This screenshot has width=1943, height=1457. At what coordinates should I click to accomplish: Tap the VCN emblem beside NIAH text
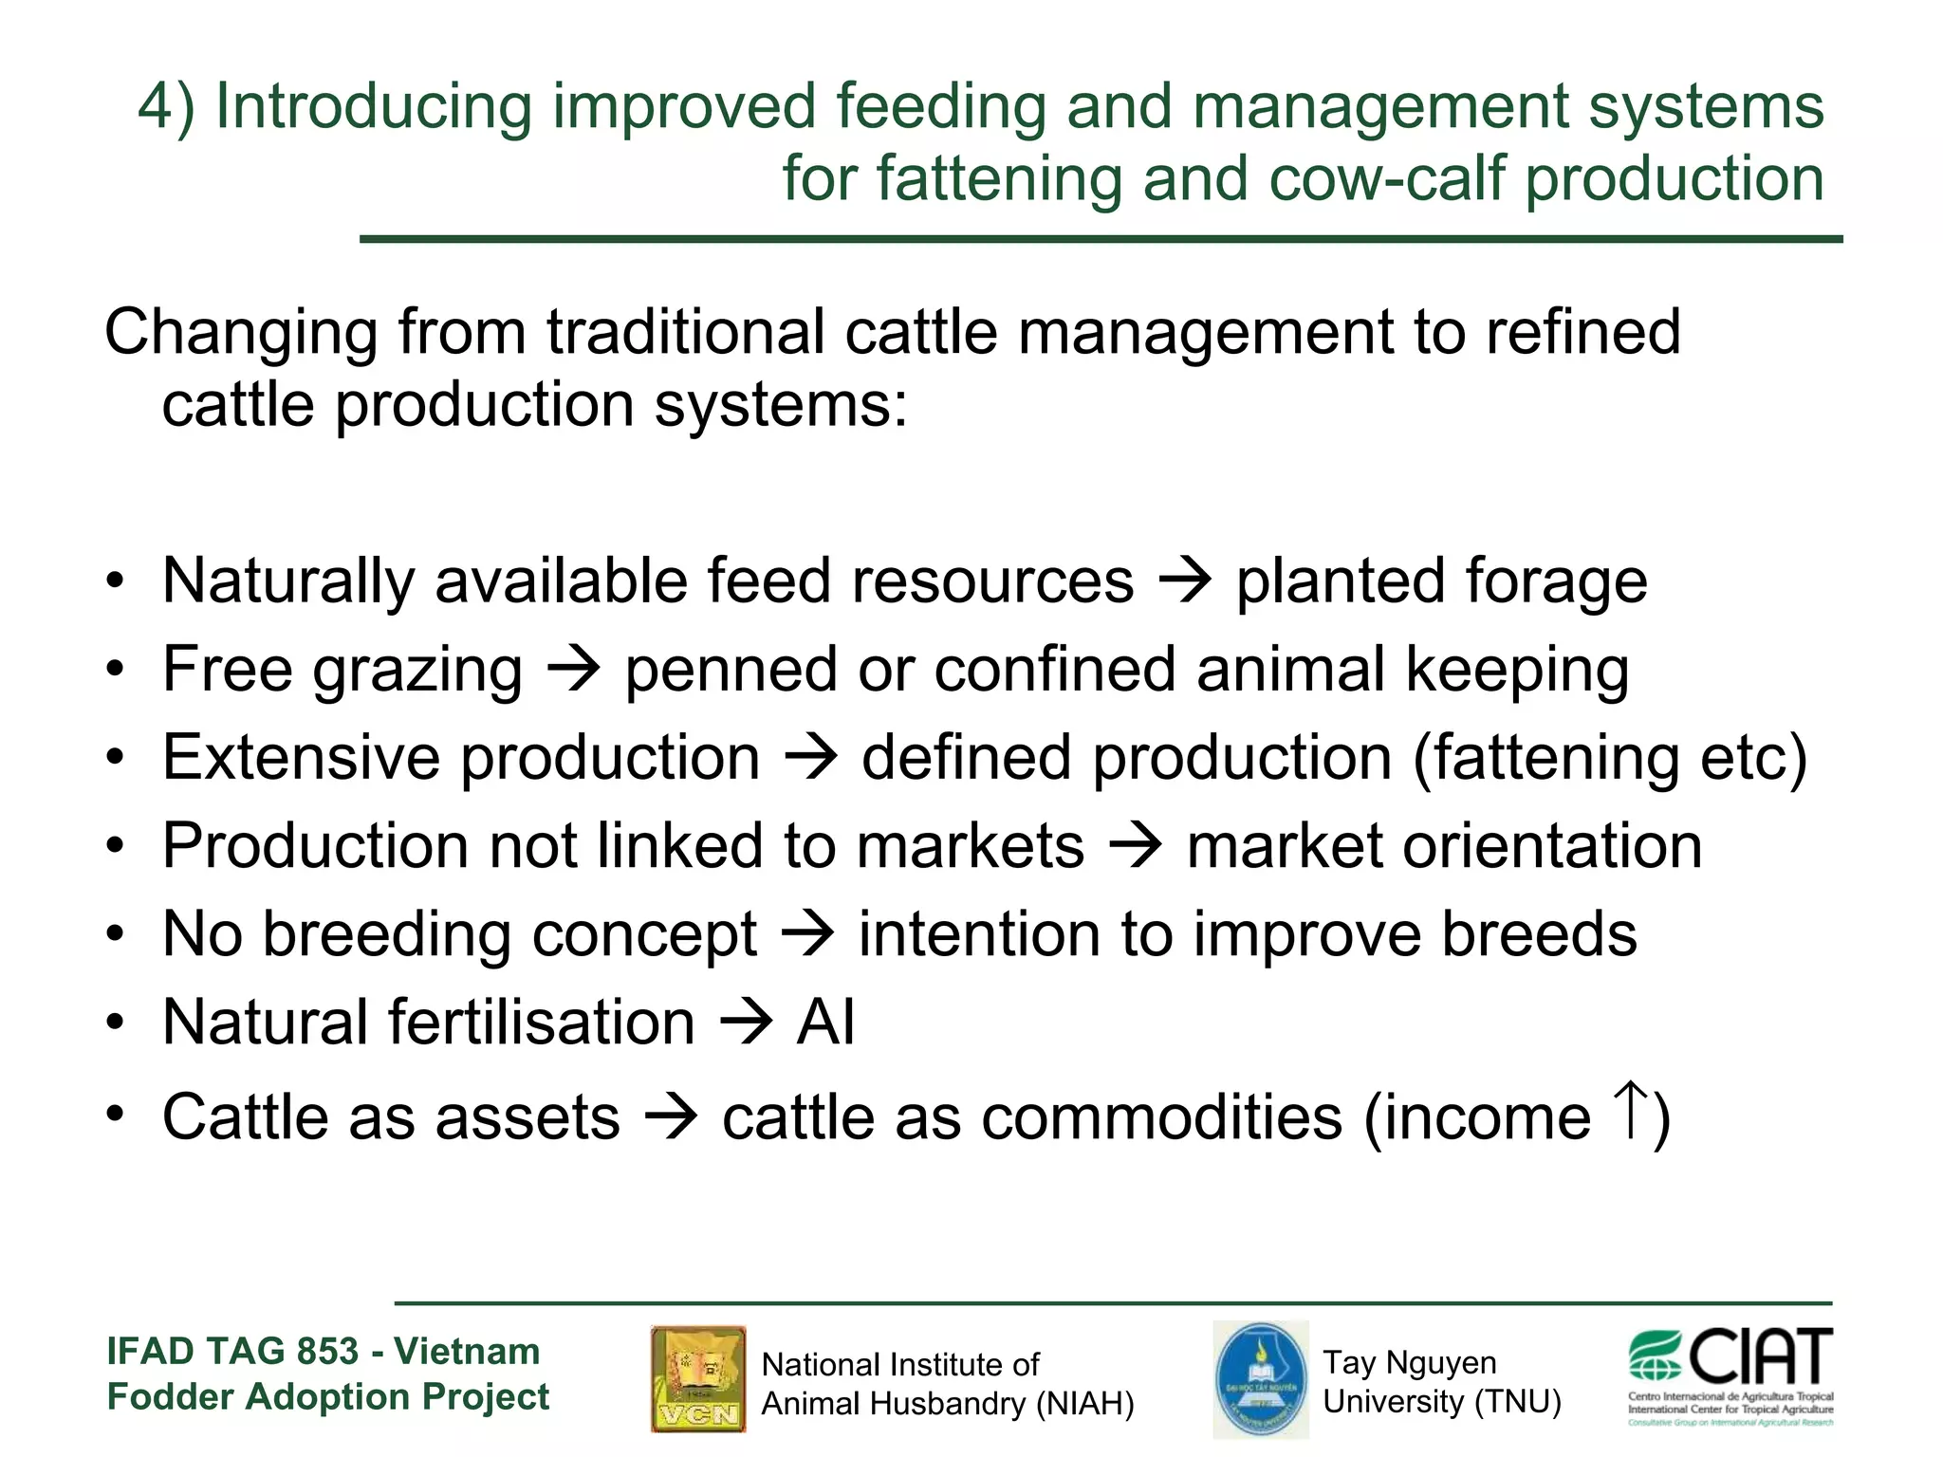pyautogui.click(x=698, y=1378)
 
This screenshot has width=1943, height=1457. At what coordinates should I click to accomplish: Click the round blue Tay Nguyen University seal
pyautogui.click(x=1261, y=1379)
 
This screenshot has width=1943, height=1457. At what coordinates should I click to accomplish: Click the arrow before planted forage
pyautogui.click(x=1186, y=581)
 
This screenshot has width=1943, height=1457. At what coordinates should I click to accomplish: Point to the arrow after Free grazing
pyautogui.click(x=574, y=670)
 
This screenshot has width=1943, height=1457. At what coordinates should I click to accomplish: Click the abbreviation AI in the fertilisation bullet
pyautogui.click(x=825, y=1023)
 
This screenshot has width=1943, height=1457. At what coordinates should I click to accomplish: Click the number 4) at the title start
pyautogui.click(x=166, y=106)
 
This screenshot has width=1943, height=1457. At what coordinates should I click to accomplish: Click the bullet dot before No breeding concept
pyautogui.click(x=115, y=934)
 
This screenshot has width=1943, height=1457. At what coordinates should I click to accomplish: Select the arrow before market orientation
pyautogui.click(x=1136, y=846)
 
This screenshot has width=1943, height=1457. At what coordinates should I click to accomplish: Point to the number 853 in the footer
pyautogui.click(x=327, y=1351)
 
